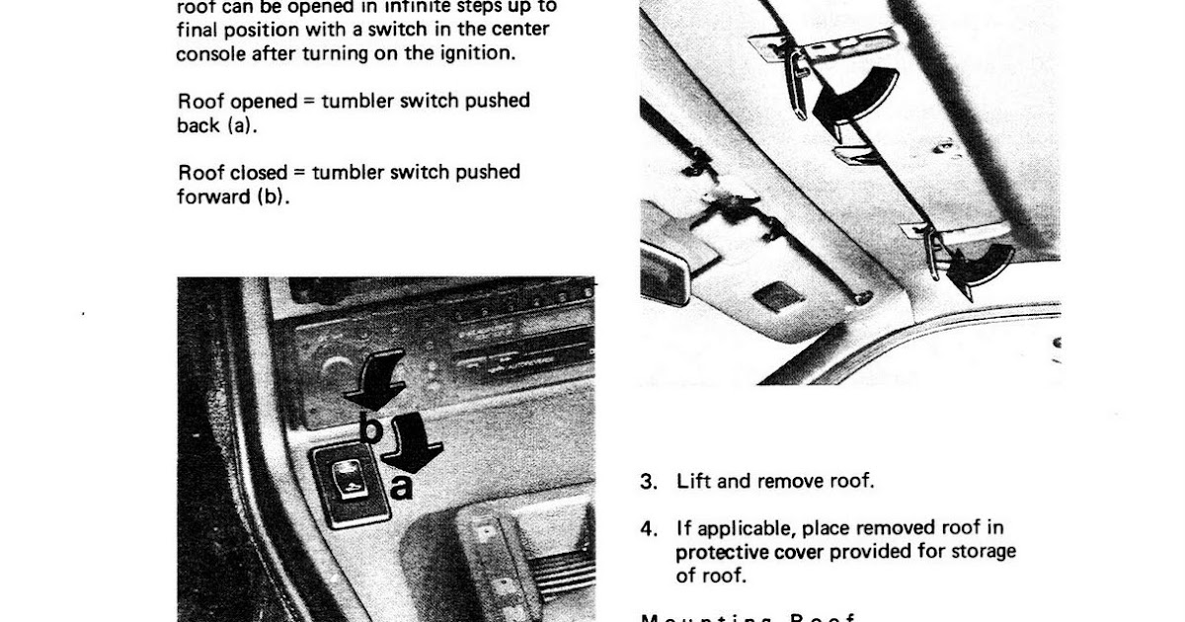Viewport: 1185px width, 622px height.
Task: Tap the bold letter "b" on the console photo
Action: click(x=368, y=428)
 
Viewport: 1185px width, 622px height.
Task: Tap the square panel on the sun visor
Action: click(x=779, y=295)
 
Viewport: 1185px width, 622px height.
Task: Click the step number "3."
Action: click(x=648, y=482)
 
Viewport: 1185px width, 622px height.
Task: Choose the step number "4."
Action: click(x=648, y=528)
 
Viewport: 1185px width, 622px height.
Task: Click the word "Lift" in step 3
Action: click(x=693, y=482)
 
